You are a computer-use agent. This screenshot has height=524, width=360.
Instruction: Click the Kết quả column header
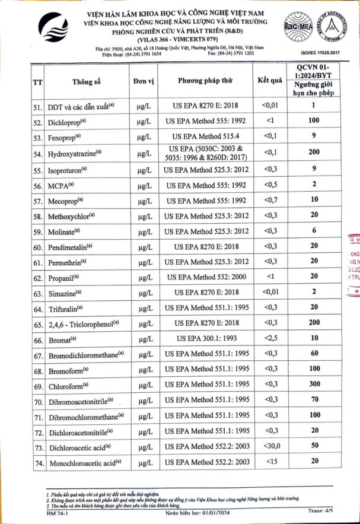click(270, 82)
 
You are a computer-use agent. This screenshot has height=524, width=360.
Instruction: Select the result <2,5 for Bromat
click(270, 338)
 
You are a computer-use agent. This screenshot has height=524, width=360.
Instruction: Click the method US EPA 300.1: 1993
click(206, 338)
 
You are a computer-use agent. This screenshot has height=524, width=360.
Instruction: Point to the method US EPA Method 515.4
click(206, 138)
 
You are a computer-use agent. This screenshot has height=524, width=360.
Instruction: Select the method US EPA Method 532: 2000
click(206, 277)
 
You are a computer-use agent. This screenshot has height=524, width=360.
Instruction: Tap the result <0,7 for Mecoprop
click(270, 200)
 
